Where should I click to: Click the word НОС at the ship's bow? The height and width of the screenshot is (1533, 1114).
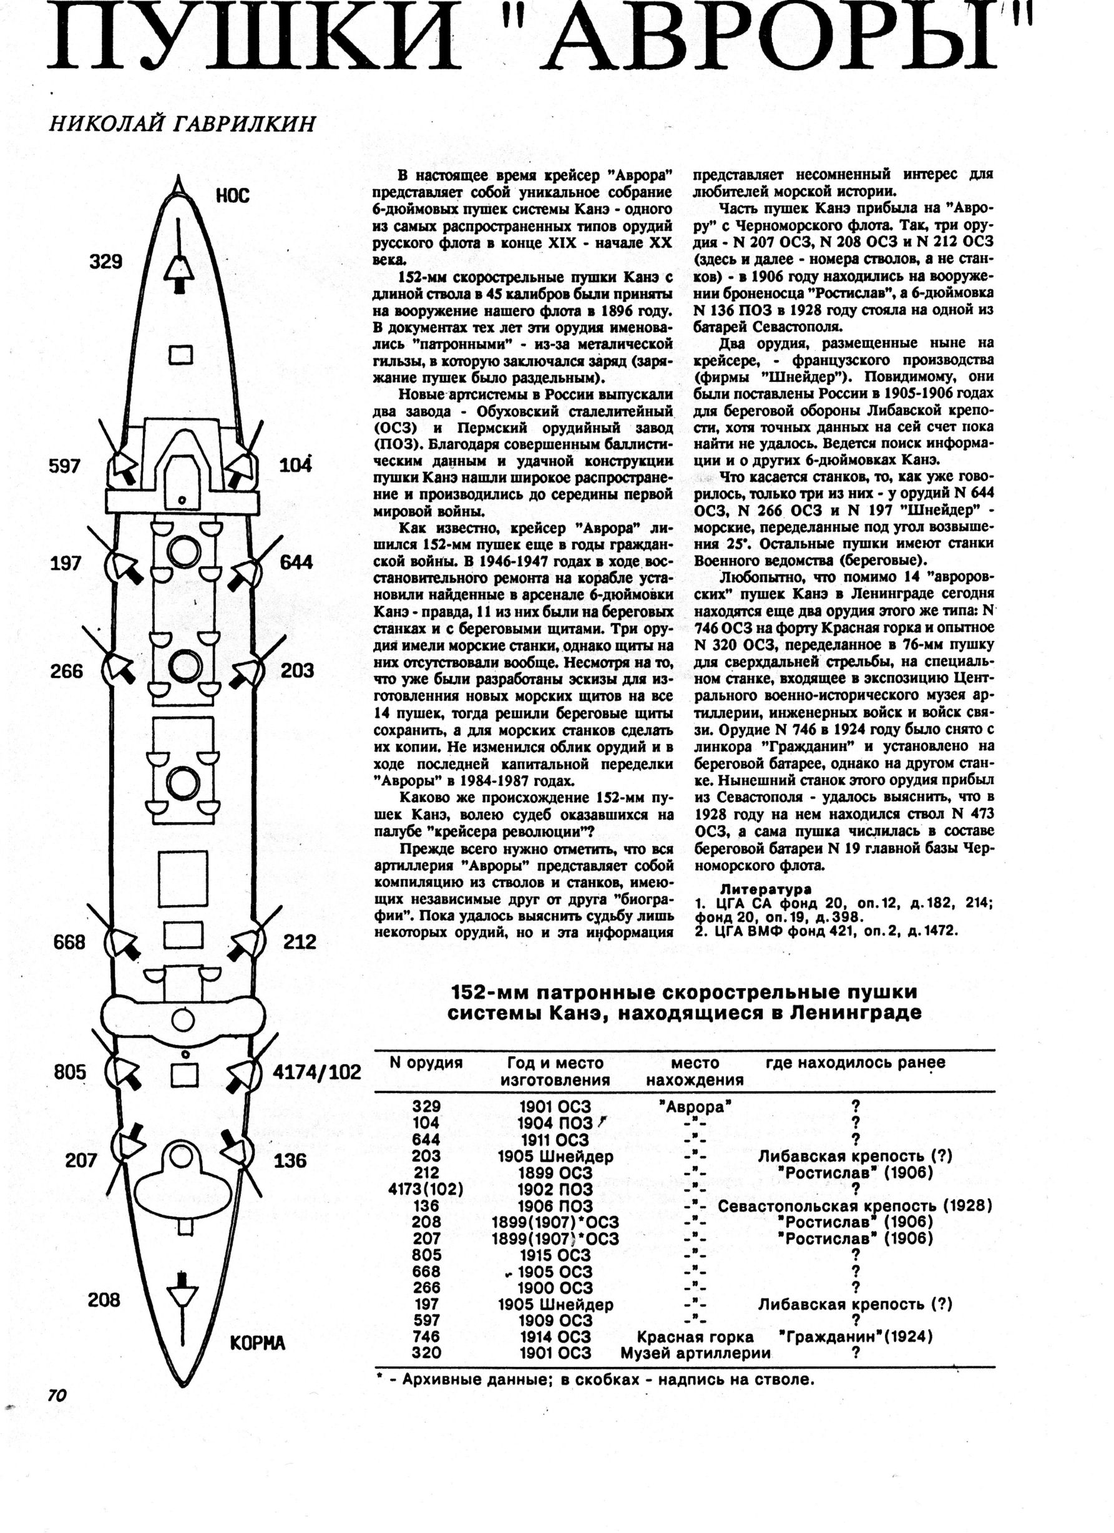(233, 196)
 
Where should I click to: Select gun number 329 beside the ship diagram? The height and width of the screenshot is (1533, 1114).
(106, 262)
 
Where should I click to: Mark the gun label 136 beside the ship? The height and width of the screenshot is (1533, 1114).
(291, 1161)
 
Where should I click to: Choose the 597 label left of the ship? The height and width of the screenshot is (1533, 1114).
(65, 466)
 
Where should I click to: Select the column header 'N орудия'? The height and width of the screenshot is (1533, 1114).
(426, 1062)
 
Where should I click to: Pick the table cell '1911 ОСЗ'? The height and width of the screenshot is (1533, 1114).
(554, 1140)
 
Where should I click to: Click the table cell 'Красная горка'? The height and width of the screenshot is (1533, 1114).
(695, 1336)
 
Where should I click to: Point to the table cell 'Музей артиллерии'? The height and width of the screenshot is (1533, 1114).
(695, 1353)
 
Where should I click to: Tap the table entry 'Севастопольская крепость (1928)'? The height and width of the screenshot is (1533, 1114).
(854, 1206)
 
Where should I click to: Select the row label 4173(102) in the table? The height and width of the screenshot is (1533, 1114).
(426, 1189)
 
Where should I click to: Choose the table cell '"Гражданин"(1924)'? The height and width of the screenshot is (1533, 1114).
(855, 1336)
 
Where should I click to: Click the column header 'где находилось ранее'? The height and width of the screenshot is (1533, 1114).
(855, 1062)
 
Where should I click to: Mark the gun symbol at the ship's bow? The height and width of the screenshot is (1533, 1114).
(179, 270)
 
